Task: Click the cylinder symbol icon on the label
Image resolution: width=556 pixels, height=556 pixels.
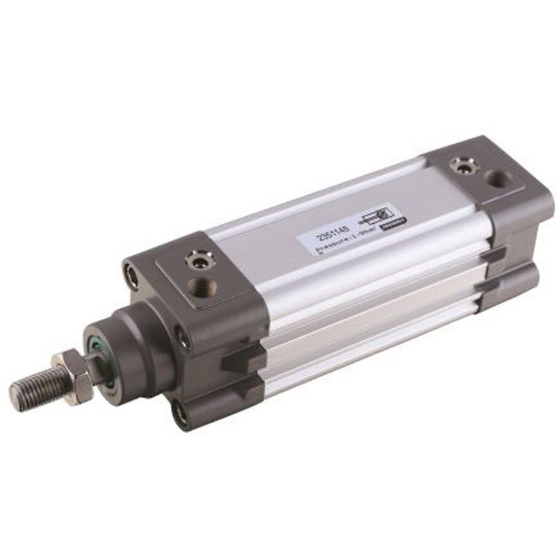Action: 375,211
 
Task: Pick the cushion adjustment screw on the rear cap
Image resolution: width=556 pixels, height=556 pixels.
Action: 459,165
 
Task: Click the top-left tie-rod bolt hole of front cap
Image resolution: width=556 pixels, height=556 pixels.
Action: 131,273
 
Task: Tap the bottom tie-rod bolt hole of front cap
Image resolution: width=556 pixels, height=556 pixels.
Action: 181,416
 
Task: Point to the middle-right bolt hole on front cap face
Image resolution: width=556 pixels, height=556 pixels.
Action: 183,339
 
